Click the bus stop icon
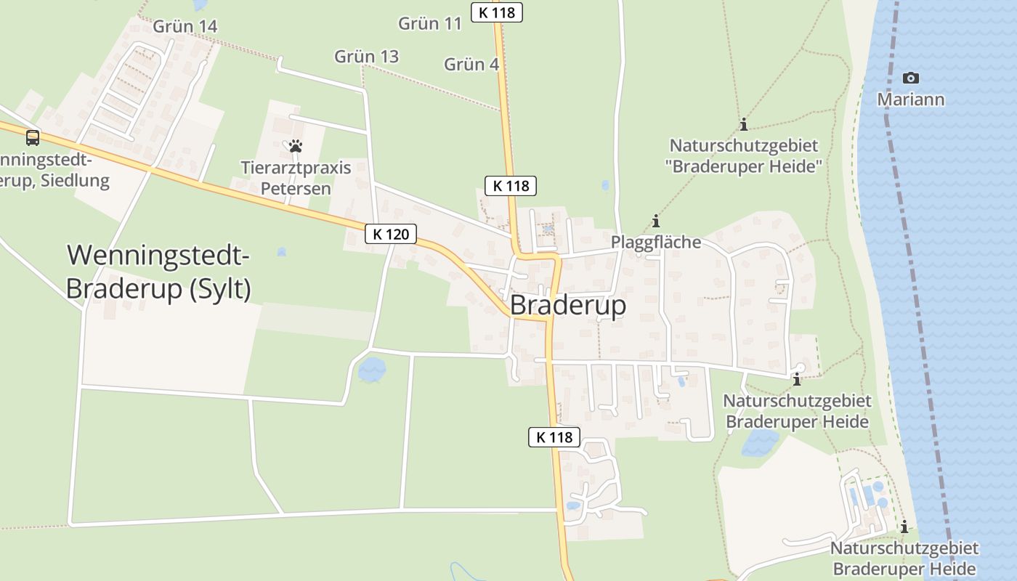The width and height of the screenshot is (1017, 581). tap(33, 137)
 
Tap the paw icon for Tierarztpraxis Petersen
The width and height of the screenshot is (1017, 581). tap(295, 146)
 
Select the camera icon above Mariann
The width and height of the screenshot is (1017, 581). tap(910, 78)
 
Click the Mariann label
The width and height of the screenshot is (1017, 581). tap(910, 99)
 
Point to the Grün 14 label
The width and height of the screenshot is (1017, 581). tap(185, 26)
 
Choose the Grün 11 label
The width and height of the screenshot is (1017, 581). tap(430, 23)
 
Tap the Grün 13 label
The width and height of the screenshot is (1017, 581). tap(366, 56)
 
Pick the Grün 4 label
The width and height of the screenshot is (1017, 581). tap(471, 64)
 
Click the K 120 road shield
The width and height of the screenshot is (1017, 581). tap(391, 234)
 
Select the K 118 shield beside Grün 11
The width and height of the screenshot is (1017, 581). tap(497, 12)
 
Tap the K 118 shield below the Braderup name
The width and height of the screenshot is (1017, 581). tap(554, 437)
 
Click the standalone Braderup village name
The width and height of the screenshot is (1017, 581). tap(568, 306)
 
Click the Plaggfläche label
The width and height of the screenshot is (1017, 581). tap(656, 242)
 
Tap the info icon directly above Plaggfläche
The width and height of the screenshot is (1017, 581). tap(656, 221)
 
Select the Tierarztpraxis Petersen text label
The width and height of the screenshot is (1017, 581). tap(296, 178)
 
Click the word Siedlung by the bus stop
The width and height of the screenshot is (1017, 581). tap(75, 180)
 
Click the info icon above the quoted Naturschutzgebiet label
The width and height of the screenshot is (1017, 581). tap(743, 125)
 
